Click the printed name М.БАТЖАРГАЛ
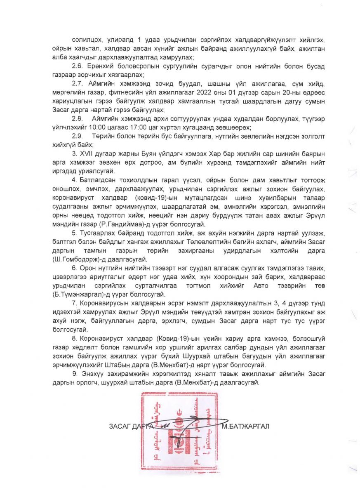(245, 426)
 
